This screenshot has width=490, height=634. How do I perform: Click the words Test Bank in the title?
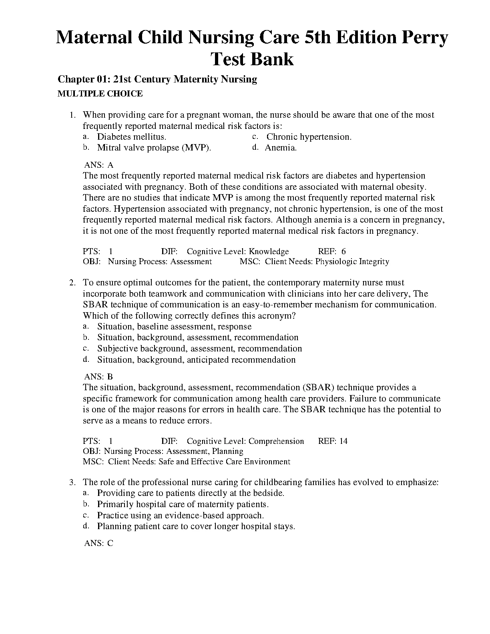(x=252, y=59)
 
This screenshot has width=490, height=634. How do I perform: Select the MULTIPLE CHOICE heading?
(x=100, y=94)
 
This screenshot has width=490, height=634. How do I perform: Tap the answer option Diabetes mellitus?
(x=131, y=137)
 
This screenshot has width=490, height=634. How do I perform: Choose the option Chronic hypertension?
(x=309, y=137)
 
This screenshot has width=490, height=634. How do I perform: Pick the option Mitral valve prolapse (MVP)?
(x=154, y=148)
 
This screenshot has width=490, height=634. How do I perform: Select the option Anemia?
(x=281, y=148)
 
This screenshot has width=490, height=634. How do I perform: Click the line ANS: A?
(x=99, y=165)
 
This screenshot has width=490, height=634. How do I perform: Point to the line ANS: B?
(x=99, y=377)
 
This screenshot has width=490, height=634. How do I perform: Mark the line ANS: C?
(x=99, y=543)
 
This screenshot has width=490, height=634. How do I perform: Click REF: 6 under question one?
(x=332, y=251)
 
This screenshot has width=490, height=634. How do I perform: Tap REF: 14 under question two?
(x=333, y=441)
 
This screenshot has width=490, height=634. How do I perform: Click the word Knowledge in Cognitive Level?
(x=269, y=251)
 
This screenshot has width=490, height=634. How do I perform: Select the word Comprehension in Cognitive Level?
(x=276, y=441)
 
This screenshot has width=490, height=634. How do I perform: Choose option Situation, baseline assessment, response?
(x=174, y=327)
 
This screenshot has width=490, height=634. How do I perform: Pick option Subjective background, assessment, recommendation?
(x=199, y=349)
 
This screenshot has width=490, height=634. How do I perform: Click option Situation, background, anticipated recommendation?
(x=196, y=360)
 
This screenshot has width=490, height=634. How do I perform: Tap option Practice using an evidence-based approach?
(x=180, y=516)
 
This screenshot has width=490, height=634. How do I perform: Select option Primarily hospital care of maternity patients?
(x=183, y=504)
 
